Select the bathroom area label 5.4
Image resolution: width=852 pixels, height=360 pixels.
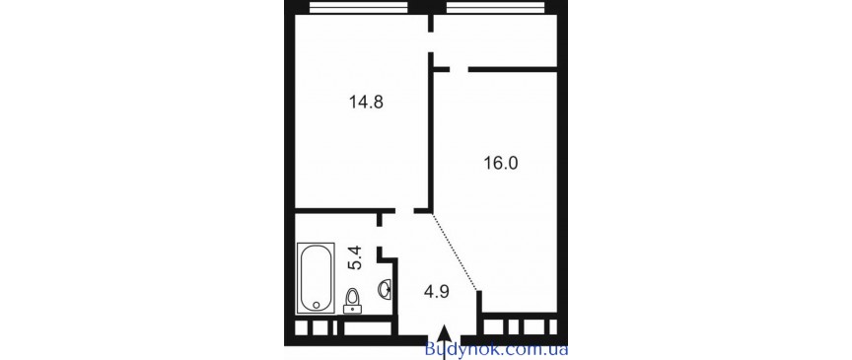359,258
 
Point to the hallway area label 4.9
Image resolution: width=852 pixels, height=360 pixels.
436,291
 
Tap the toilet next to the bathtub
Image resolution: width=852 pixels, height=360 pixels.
353,297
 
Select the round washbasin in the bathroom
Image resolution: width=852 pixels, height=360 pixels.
388,289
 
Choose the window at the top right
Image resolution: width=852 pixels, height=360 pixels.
493,9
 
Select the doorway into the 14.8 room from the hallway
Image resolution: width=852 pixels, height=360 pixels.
403,211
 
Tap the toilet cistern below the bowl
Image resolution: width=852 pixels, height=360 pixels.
353,310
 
